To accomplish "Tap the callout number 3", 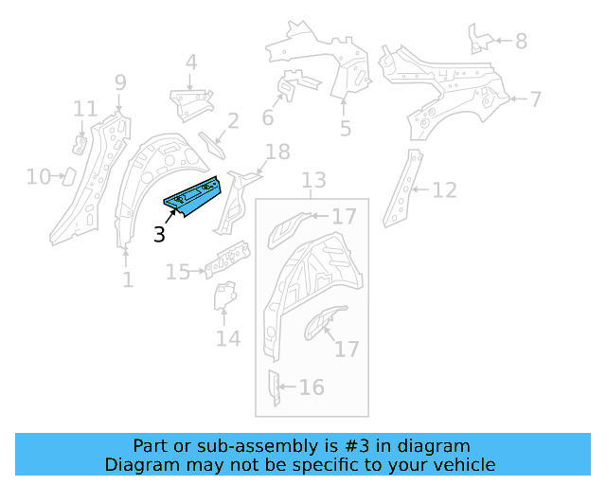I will click(160, 234).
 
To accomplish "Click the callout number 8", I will click(521, 41).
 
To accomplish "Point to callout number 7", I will click(535, 99).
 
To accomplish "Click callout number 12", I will click(444, 190).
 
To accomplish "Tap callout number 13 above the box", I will click(313, 180).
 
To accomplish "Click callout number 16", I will click(311, 386).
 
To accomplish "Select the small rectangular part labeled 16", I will click(273, 387).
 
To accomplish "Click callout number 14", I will click(227, 337).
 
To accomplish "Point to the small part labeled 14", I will click(224, 296).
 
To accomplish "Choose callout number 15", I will click(178, 273).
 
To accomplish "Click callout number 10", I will click(38, 176).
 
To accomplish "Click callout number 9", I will click(120, 82).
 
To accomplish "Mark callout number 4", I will click(191, 63).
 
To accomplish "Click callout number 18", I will click(276, 152).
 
